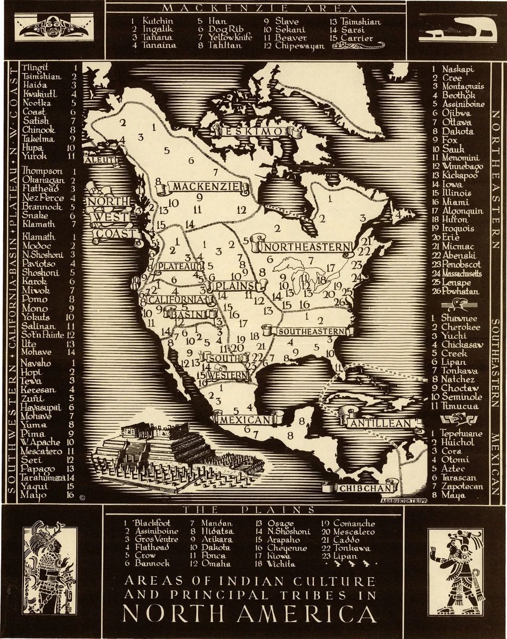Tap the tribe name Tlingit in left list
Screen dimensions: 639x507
[35, 68]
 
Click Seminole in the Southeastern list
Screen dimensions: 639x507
[461, 397]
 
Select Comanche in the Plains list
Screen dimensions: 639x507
[354, 523]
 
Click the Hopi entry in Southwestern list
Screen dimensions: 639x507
[30, 372]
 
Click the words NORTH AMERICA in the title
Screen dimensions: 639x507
[249, 613]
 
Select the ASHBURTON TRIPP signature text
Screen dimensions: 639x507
[404, 500]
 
